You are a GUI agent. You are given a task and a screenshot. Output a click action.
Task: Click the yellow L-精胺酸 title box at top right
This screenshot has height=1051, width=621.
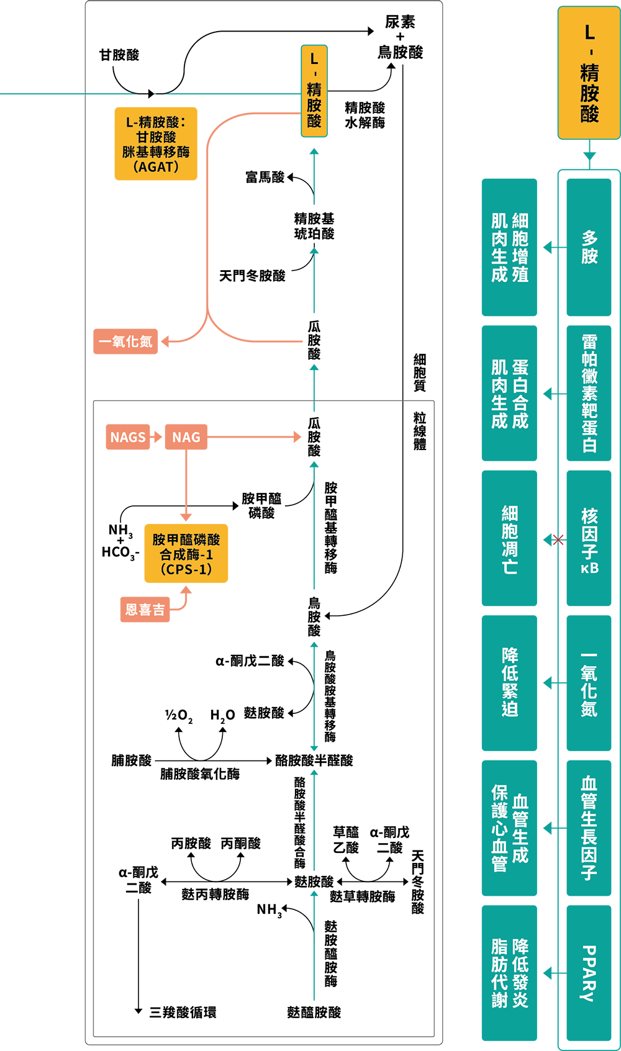point(589,73)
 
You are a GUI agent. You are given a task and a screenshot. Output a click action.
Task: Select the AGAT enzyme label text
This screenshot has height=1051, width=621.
point(156,145)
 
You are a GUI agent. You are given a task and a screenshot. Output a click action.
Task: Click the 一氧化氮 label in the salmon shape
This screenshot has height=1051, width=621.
point(125,341)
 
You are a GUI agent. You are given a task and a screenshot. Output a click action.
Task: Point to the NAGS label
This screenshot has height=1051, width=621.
point(128,438)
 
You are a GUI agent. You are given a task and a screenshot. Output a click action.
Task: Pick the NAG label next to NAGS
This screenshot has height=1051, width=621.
point(186,438)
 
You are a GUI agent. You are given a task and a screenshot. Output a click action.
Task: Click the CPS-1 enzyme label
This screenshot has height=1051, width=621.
point(186,554)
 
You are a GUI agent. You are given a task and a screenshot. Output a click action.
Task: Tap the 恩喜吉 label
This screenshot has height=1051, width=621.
point(145,610)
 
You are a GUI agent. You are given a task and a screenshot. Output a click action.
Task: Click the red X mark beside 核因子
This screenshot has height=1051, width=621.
point(559,540)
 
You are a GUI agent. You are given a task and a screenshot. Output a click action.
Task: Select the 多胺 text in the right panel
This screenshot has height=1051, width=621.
point(589,247)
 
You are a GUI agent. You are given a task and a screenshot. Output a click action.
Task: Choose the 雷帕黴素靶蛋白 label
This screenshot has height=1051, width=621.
point(589,394)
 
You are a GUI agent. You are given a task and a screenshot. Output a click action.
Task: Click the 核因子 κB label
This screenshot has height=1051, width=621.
point(589,540)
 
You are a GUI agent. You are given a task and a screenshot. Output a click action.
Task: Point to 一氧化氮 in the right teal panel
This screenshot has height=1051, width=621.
point(589,684)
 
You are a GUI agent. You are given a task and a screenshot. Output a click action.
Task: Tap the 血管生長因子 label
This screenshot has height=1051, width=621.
point(589,828)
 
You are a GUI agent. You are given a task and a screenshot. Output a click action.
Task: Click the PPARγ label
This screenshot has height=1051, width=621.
point(589,973)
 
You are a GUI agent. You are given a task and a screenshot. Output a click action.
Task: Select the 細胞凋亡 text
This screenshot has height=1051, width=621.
point(510,540)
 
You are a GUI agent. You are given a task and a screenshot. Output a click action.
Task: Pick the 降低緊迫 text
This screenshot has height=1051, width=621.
point(510,682)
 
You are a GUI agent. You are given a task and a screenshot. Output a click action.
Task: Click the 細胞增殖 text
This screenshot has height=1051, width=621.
point(520,248)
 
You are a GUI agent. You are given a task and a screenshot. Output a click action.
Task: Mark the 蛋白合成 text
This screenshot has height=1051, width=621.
point(520,394)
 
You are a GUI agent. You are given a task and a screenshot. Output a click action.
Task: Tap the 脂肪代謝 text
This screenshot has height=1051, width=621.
point(500,973)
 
